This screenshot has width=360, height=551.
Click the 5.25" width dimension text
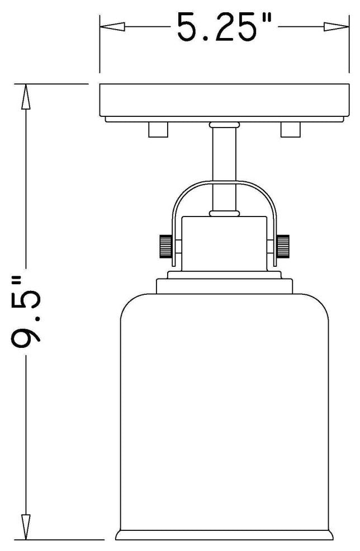224,27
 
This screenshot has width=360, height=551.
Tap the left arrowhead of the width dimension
112,27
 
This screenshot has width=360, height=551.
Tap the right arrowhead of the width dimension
337,27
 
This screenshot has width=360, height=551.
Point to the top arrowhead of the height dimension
25,97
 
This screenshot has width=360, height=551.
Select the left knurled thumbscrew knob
166,246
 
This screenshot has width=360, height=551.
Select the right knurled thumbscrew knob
283,246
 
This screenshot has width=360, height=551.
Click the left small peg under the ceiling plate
158,130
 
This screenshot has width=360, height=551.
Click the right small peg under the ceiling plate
291,130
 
